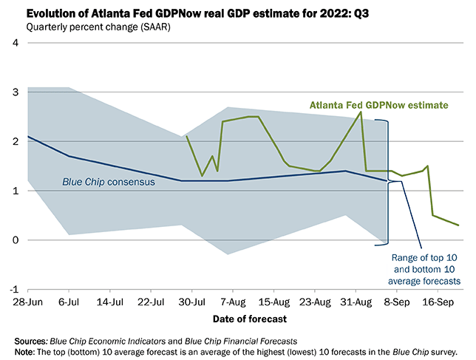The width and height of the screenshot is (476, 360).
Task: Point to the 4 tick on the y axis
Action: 15,43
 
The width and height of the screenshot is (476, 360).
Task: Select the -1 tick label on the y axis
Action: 13,290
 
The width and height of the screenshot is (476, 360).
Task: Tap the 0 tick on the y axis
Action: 15,240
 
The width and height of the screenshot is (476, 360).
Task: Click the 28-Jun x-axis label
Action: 28,302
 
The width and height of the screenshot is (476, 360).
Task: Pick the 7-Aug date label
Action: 233,302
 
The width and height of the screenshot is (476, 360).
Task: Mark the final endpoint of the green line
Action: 458,225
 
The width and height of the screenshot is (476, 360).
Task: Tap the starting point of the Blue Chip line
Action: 28,137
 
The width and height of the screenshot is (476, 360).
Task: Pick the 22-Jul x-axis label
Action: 151,302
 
